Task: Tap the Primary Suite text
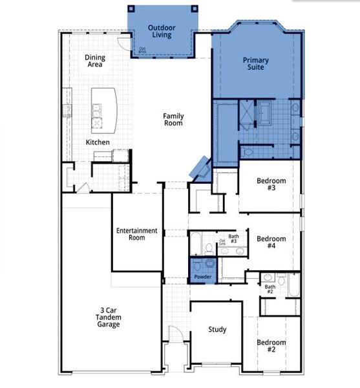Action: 256,64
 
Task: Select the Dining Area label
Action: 95,61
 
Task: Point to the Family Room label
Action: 173,119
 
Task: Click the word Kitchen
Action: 98,142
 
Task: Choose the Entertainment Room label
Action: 136,234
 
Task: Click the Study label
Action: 217,330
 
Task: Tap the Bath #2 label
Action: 270,288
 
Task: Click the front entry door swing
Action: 173,336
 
